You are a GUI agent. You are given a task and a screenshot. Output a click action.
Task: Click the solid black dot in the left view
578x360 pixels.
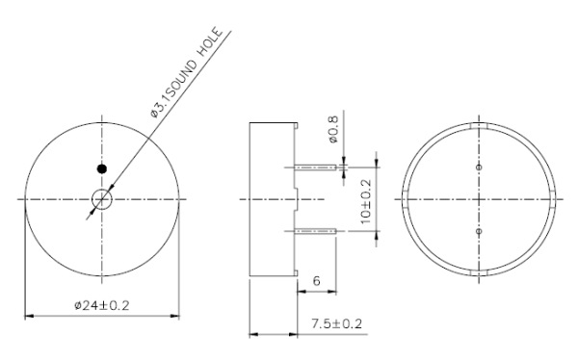[x=101, y=168]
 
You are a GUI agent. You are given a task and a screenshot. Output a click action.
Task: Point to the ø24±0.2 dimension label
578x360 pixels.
[x=103, y=305]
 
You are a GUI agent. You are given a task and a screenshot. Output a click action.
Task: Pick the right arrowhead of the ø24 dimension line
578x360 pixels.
[x=177, y=315]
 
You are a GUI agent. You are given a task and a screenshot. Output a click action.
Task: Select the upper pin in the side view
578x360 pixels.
[x=317, y=167]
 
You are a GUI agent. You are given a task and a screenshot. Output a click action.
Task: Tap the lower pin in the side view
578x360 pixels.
[x=317, y=231]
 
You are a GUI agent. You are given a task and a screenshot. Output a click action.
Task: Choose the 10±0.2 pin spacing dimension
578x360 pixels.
[x=367, y=198]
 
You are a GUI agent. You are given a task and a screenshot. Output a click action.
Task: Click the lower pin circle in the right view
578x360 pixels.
[x=480, y=232]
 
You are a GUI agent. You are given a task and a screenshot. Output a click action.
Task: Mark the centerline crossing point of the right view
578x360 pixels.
[x=480, y=199]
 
